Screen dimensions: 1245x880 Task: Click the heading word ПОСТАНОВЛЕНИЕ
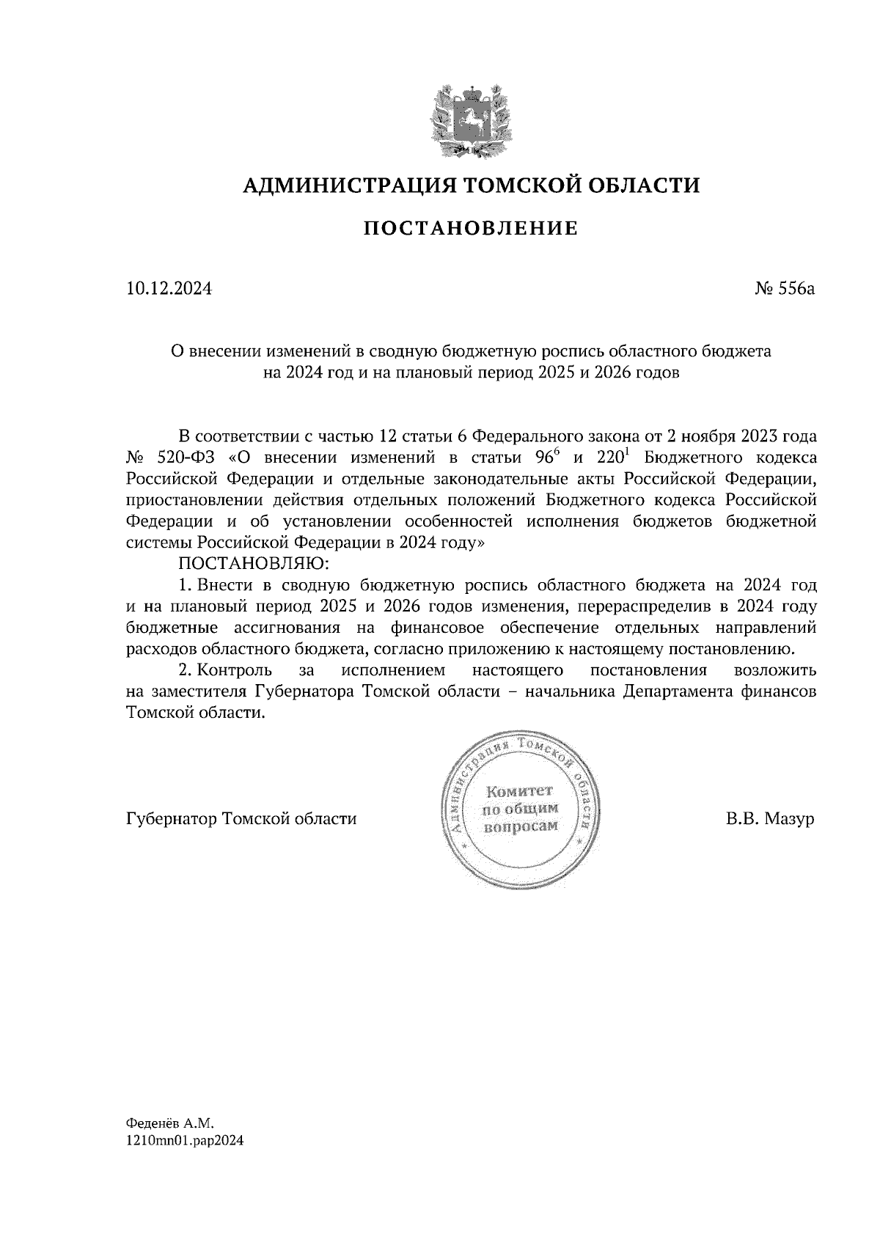point(472,229)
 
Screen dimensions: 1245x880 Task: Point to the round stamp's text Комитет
point(519,792)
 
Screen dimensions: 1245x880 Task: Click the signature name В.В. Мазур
point(770,819)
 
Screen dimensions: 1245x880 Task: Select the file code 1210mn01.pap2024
point(185,1141)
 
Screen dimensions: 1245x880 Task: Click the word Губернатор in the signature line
point(166,819)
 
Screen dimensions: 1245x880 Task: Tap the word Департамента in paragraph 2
point(669,691)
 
